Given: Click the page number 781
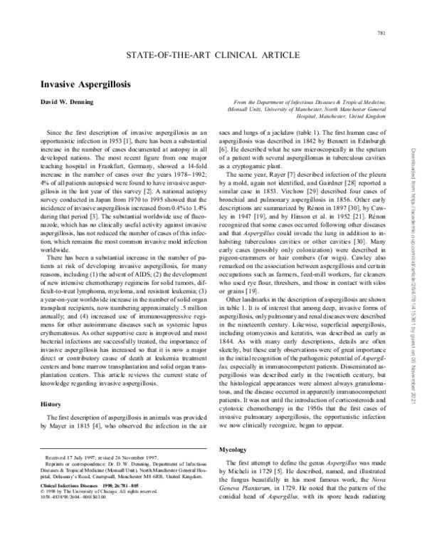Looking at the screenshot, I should point(381,35).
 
